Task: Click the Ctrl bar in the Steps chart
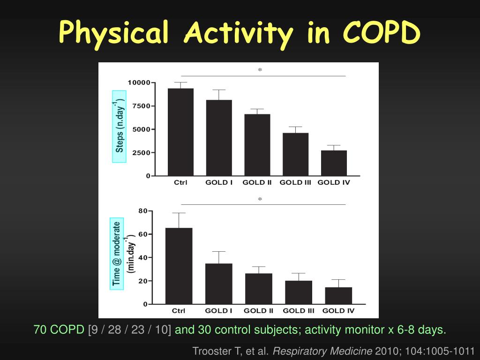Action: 180,132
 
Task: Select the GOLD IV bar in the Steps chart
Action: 334,163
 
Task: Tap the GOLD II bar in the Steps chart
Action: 257,145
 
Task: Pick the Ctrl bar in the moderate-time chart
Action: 179,266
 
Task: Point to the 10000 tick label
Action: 140,83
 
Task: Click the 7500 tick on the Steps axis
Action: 142,106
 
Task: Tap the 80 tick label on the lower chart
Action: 143,211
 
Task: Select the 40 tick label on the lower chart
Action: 143,257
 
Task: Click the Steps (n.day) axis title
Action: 120,126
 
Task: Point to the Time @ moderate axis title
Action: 117,254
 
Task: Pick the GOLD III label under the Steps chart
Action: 295,183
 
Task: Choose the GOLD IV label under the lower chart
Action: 338,311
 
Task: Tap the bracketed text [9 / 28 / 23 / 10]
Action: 129,330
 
